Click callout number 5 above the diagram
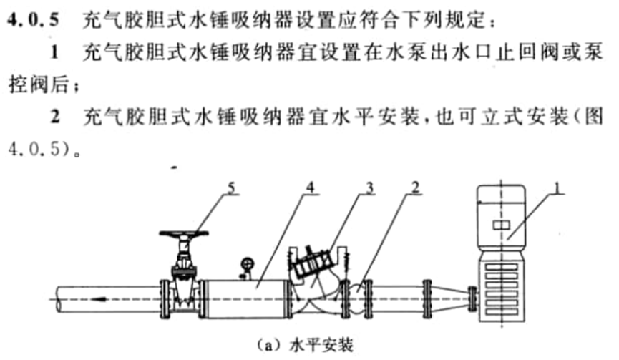coord(231,188)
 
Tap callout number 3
coord(368,188)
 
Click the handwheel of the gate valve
coord(185,234)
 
